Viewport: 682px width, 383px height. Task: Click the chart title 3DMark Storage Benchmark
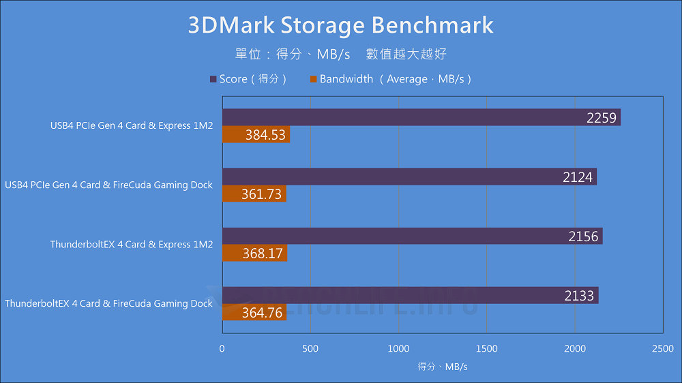click(x=340, y=25)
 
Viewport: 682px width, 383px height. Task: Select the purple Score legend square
click(x=213, y=79)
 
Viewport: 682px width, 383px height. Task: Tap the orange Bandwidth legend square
click(x=313, y=79)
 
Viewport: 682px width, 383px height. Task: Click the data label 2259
click(x=601, y=118)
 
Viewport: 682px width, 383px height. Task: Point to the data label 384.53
click(x=265, y=135)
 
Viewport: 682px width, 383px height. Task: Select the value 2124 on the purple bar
click(x=578, y=177)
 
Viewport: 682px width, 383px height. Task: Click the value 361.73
click(x=261, y=194)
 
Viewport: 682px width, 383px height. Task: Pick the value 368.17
click(x=263, y=254)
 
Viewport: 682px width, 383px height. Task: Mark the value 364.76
click(x=262, y=313)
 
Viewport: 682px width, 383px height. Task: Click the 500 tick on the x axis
click(x=310, y=348)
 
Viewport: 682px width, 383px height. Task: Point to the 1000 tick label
click(x=398, y=348)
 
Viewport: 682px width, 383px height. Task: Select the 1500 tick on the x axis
click(x=486, y=348)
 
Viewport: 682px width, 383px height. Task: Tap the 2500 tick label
click(x=662, y=348)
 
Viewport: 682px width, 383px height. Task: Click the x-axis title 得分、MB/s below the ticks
click(x=443, y=367)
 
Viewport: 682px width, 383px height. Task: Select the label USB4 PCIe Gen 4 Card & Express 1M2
click(x=132, y=126)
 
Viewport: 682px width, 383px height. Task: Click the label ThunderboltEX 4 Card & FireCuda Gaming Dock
click(x=109, y=304)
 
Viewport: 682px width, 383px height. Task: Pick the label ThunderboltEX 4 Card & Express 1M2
click(x=132, y=245)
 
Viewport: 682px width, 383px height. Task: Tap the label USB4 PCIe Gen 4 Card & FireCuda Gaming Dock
click(x=109, y=185)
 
